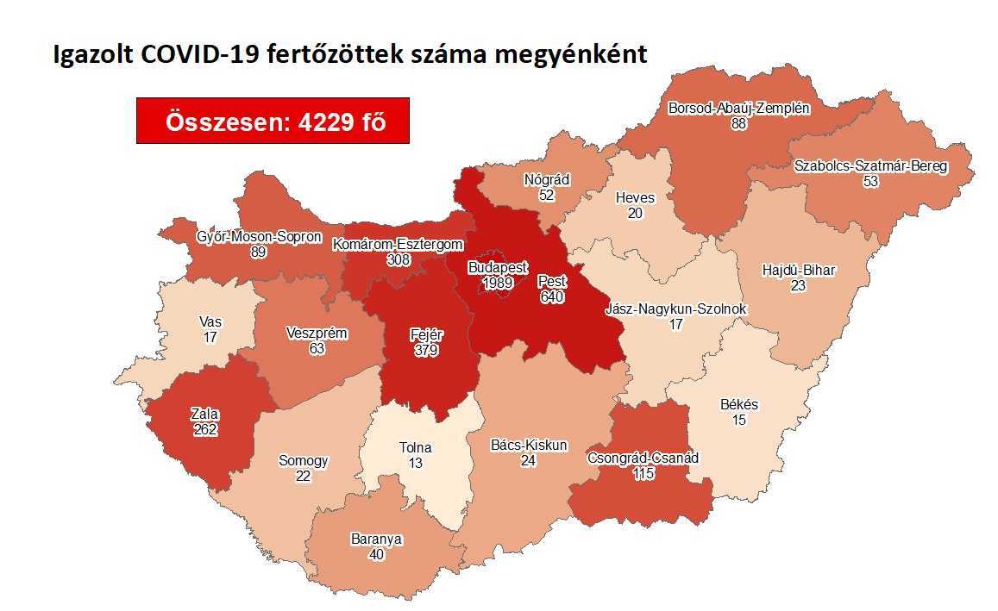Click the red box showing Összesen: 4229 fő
273,122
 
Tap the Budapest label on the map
498,268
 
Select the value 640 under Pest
551,296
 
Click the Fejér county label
425,335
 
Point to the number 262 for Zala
204,430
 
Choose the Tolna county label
415,447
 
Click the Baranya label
376,539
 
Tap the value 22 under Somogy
303,475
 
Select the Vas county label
210,322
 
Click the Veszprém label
317,334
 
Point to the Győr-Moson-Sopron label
247,236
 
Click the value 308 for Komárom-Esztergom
398,259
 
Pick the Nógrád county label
546,180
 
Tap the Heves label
635,197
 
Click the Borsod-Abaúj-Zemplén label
738,109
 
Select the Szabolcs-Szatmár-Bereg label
870,165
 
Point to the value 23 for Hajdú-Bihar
798,284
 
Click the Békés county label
738,404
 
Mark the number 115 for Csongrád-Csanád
642,472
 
